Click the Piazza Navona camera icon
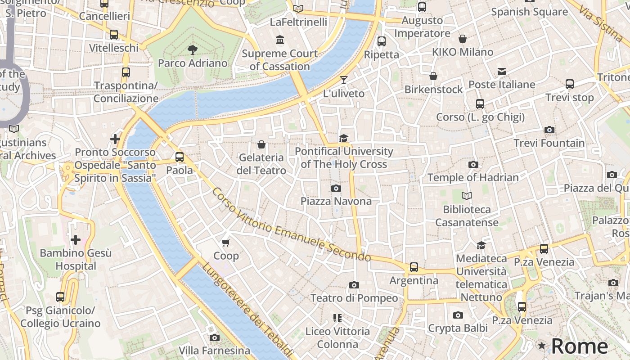336,188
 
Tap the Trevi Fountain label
549,143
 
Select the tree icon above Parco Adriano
193,49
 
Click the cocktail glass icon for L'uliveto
344,80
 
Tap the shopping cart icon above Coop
226,243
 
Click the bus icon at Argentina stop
414,267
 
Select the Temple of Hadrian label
473,177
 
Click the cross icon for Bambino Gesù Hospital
76,239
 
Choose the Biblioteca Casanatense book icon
467,196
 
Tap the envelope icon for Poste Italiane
502,72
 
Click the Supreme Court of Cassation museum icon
280,40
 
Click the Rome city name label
580,346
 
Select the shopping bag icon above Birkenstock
433,76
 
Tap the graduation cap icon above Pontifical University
344,138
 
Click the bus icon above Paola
180,157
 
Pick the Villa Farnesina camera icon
215,337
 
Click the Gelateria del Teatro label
261,164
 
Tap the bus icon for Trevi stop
570,84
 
